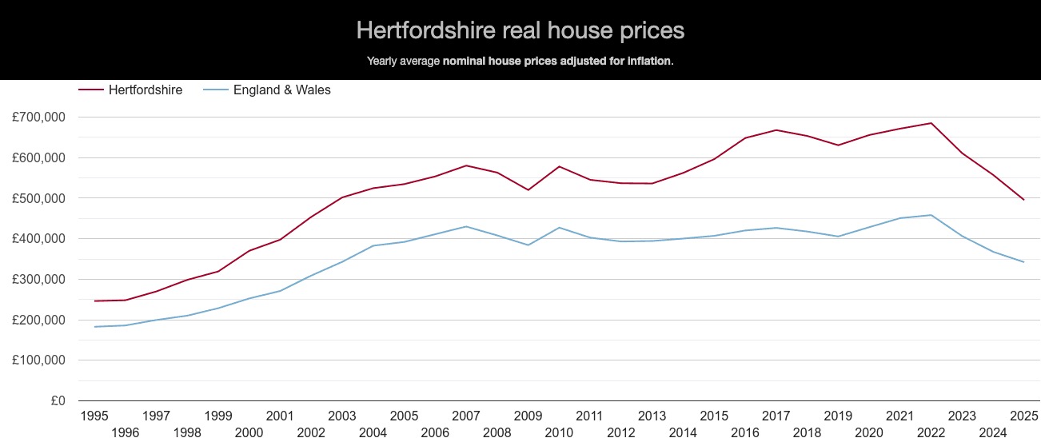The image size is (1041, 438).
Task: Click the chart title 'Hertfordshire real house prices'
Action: click(x=520, y=30)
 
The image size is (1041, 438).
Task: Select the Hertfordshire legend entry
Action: click(x=145, y=90)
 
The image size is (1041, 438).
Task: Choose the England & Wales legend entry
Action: click(x=281, y=90)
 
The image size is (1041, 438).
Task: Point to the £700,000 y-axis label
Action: click(x=39, y=117)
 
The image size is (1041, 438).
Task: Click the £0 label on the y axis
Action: click(x=58, y=401)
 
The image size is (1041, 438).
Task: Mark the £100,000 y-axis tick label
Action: click(x=39, y=360)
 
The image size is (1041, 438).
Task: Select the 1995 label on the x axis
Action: click(x=94, y=416)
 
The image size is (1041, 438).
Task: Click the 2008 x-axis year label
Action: click(x=497, y=432)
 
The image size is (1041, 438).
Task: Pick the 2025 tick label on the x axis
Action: click(x=1024, y=416)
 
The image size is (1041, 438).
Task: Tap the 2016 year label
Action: click(x=744, y=432)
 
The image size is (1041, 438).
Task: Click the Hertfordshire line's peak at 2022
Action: click(x=931, y=123)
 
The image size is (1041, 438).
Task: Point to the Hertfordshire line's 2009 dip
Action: click(x=528, y=189)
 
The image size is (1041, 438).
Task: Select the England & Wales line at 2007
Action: click(x=466, y=226)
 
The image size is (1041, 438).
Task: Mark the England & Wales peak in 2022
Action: click(x=931, y=215)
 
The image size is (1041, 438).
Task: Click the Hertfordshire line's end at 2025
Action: click(x=1023, y=200)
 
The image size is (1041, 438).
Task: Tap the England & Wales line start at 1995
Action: click(x=94, y=327)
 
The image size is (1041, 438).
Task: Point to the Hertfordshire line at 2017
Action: click(x=776, y=129)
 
